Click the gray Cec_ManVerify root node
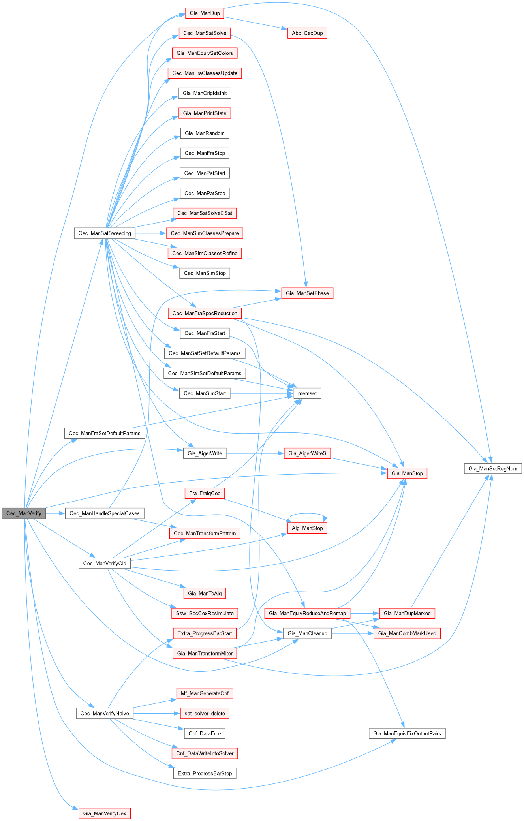coord(24,513)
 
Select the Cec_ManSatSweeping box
coord(105,233)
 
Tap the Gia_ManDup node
coord(205,13)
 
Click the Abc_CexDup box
coord(307,33)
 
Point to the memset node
coord(307,393)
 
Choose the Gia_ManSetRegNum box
coord(493,469)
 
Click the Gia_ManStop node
coord(407,473)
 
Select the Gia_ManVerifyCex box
coord(105,813)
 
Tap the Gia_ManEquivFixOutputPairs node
coord(407,733)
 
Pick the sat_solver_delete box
coord(205,714)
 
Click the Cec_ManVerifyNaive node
coord(105,714)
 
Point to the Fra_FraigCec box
coord(205,493)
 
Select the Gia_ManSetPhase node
coord(307,293)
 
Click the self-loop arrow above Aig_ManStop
coord(307,514)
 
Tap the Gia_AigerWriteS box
coord(307,453)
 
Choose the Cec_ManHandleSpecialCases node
coord(105,513)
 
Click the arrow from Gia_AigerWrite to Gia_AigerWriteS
coord(255,453)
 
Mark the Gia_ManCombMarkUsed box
coord(407,633)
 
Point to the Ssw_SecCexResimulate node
coord(205,613)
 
